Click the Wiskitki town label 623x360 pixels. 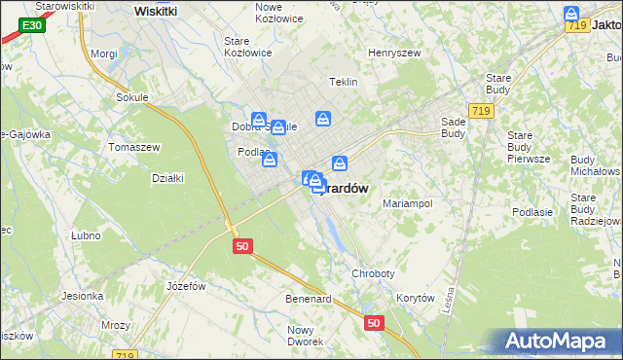click(x=156, y=11)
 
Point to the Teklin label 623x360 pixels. click(x=345, y=83)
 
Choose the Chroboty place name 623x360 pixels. click(x=374, y=274)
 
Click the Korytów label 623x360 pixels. click(x=415, y=299)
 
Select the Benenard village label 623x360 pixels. click(x=309, y=299)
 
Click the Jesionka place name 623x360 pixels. click(x=83, y=296)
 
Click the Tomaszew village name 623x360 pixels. click(x=134, y=147)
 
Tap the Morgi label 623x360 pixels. click(x=103, y=54)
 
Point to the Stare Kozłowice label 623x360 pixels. click(x=247, y=47)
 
